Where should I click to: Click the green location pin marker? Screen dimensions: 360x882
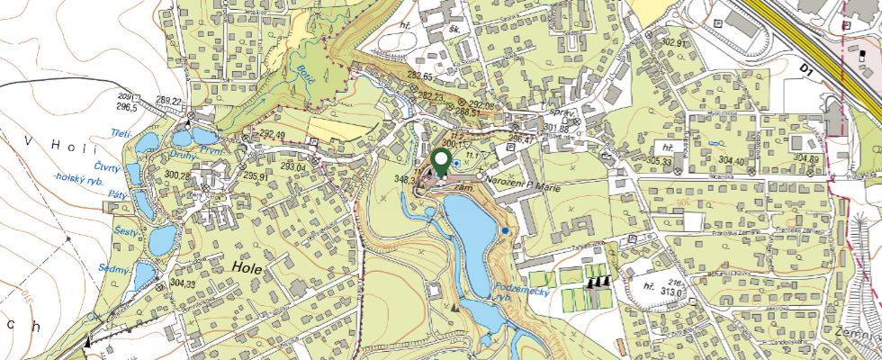(441, 162)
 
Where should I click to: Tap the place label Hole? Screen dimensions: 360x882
(246, 267)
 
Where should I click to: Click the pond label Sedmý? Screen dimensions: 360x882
(118, 269)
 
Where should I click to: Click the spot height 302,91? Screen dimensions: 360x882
(672, 43)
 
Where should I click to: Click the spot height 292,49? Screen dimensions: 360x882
(273, 135)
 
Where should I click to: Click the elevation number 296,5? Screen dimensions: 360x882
(125, 107)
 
